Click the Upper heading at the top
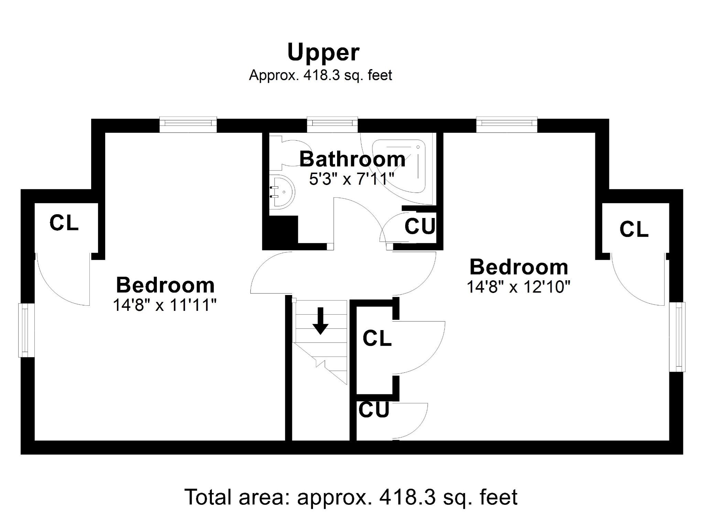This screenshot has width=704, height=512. click(x=323, y=53)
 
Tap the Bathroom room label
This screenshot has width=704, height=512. click(x=352, y=159)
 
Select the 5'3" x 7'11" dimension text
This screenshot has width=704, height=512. click(x=351, y=179)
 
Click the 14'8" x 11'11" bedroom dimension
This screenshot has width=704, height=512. click(x=165, y=305)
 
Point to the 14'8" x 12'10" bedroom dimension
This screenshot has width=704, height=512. click(x=518, y=286)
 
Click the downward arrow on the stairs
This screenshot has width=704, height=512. click(x=320, y=321)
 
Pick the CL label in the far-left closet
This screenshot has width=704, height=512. click(x=64, y=222)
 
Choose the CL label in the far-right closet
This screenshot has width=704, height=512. click(x=634, y=229)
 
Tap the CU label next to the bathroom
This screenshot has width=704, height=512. click(x=419, y=226)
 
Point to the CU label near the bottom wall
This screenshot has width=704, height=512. click(x=374, y=410)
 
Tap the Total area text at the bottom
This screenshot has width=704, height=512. click(x=351, y=497)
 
